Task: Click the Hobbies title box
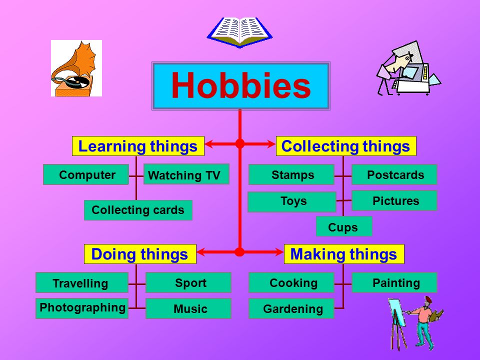tap(241, 86)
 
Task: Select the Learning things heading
tap(138, 146)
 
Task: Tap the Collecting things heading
tap(346, 146)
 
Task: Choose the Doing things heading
tap(140, 254)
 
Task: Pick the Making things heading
tap(344, 254)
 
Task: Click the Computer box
tap(85, 174)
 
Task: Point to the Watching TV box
tap(186, 174)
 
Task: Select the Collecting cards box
tap(138, 210)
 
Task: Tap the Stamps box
tap(291, 174)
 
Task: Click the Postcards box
tap(394, 174)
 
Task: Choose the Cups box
tap(344, 226)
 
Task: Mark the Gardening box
tap(291, 308)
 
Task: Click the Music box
tap(188, 308)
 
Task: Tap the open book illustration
tap(239, 32)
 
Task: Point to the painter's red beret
tap(428, 299)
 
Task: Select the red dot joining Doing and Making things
tap(239, 252)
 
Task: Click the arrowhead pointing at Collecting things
tap(271, 143)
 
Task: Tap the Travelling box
tap(82, 282)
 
